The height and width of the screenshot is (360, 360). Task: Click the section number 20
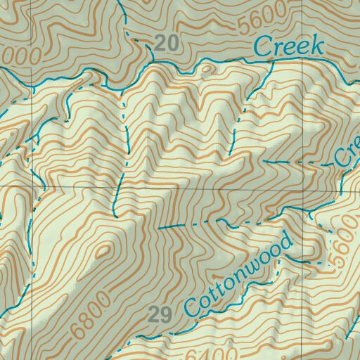pos(166,44)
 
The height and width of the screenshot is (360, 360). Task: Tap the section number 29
pos(160,314)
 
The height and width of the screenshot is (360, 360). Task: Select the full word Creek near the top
pos(288,47)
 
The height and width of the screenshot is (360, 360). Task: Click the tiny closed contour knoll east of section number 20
pos(205,69)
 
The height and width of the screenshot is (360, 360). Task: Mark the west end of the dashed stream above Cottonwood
pos(159,229)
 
